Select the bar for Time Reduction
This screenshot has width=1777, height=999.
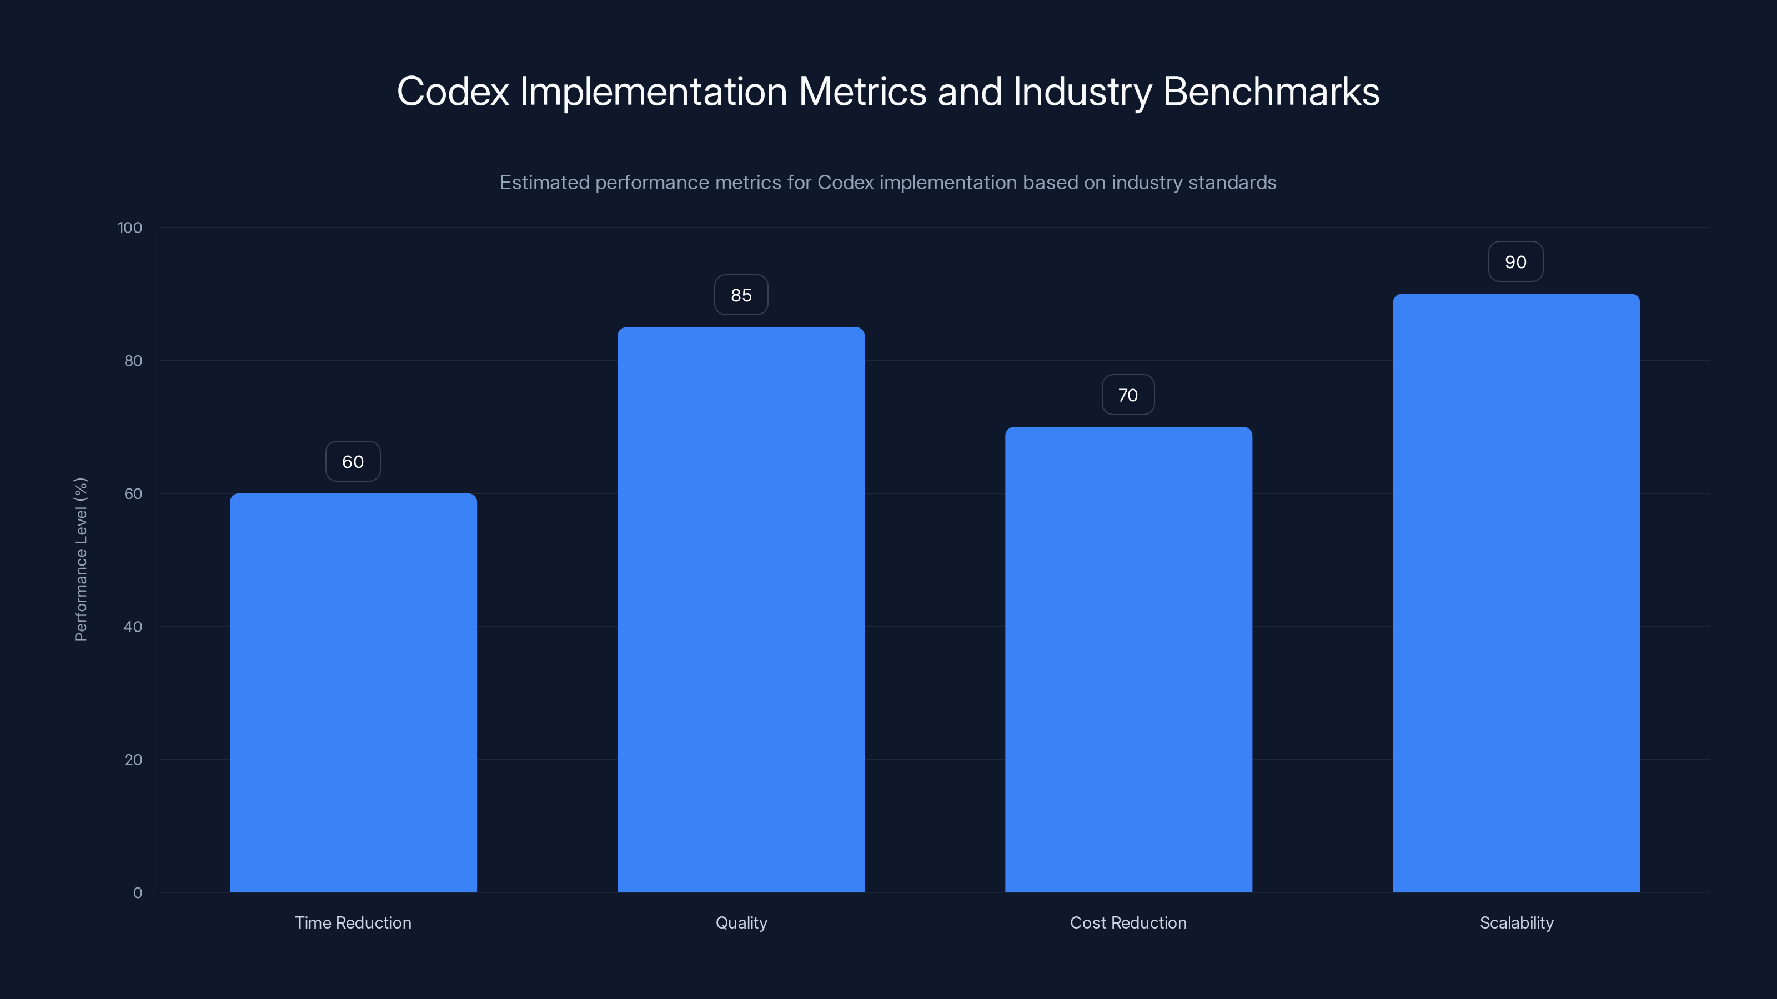[353, 692]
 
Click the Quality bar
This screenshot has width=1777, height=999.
[741, 609]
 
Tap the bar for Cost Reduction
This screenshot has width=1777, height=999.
[1128, 659]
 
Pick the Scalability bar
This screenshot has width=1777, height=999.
[1516, 593]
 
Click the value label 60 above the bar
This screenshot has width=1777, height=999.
[353, 462]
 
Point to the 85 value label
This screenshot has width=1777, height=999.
[741, 295]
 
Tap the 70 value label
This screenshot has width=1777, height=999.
[1128, 395]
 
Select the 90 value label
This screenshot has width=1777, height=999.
[1515, 262]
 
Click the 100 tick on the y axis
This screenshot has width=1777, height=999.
[130, 228]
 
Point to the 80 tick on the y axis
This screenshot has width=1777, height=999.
[133, 361]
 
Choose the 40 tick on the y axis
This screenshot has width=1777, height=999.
[133, 627]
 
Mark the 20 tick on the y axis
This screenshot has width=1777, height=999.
[133, 760]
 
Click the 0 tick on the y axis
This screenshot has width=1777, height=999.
[138, 893]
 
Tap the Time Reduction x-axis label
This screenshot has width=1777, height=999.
[353, 922]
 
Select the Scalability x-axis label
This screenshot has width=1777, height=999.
[1516, 922]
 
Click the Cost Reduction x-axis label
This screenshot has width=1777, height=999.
[1128, 922]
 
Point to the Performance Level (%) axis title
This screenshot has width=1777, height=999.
[81, 559]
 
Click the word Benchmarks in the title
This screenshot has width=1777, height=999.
[1271, 91]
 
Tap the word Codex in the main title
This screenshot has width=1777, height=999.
[453, 91]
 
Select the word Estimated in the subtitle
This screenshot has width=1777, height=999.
[544, 183]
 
